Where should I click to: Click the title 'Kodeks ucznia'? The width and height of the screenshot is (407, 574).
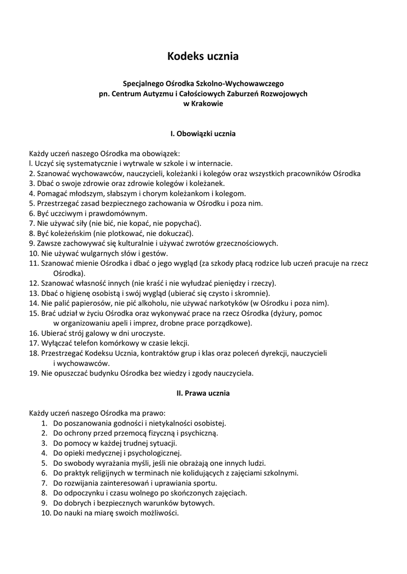(203, 56)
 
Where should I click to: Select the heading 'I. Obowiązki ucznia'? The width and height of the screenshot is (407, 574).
(203, 134)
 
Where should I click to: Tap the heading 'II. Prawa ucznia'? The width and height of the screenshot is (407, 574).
(203, 393)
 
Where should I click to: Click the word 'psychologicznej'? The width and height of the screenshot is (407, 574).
(154, 453)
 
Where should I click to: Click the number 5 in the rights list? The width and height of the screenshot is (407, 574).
(44, 463)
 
